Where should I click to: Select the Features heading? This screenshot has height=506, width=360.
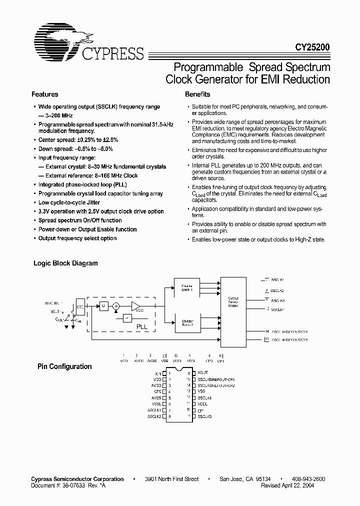pyautogui.click(x=45, y=94)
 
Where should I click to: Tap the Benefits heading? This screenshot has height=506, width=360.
pyautogui.click(x=197, y=94)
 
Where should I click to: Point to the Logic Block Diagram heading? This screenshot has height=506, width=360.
pyautogui.click(x=65, y=263)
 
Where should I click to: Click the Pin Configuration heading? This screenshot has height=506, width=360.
pyautogui.click(x=65, y=366)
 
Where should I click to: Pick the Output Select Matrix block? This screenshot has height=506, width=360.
pyautogui.click(x=232, y=302)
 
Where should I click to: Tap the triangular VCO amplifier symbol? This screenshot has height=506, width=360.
pyautogui.click(x=136, y=306)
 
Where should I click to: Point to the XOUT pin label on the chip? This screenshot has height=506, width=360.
pyautogui.click(x=203, y=373)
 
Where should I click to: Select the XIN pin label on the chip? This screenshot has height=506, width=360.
pyautogui.click(x=158, y=373)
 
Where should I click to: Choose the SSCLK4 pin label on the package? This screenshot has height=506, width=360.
pyautogui.click(x=204, y=397)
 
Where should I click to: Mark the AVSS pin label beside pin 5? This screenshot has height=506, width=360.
pyautogui.click(x=156, y=397)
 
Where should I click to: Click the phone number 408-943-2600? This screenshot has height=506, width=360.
pyautogui.click(x=307, y=479)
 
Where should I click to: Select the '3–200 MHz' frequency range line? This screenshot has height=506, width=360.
pyautogui.click(x=56, y=115)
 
